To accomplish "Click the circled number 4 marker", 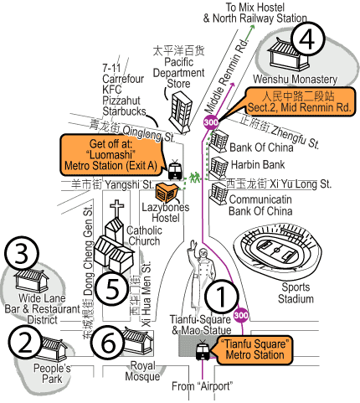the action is pyautogui.click(x=307, y=39).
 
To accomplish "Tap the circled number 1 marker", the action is pyautogui.click(x=222, y=296).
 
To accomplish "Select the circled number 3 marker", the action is pyautogui.click(x=22, y=254).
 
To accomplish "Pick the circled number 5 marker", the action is pyautogui.click(x=112, y=289).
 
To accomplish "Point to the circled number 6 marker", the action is pyautogui.click(x=108, y=343).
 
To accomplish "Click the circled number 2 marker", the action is pyautogui.click(x=25, y=343).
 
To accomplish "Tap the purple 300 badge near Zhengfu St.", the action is pyautogui.click(x=211, y=122).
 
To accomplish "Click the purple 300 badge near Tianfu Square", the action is pyautogui.click(x=241, y=315).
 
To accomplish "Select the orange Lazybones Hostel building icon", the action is pyautogui.click(x=167, y=193).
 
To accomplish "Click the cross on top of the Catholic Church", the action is pyautogui.click(x=117, y=208).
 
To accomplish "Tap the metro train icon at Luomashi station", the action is pyautogui.click(x=175, y=170).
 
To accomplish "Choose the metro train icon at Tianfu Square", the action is pyautogui.click(x=203, y=350).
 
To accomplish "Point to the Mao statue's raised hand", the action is pyautogui.click(x=193, y=245).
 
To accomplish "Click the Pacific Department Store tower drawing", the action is pyautogui.click(x=180, y=112).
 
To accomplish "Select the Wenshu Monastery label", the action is pyautogui.click(x=295, y=80).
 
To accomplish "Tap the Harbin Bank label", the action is pyautogui.click(x=258, y=164).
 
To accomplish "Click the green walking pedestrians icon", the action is pyautogui.click(x=195, y=178).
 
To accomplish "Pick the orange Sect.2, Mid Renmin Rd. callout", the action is pyautogui.click(x=299, y=102).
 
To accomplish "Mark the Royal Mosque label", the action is pyautogui.click(x=142, y=371).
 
